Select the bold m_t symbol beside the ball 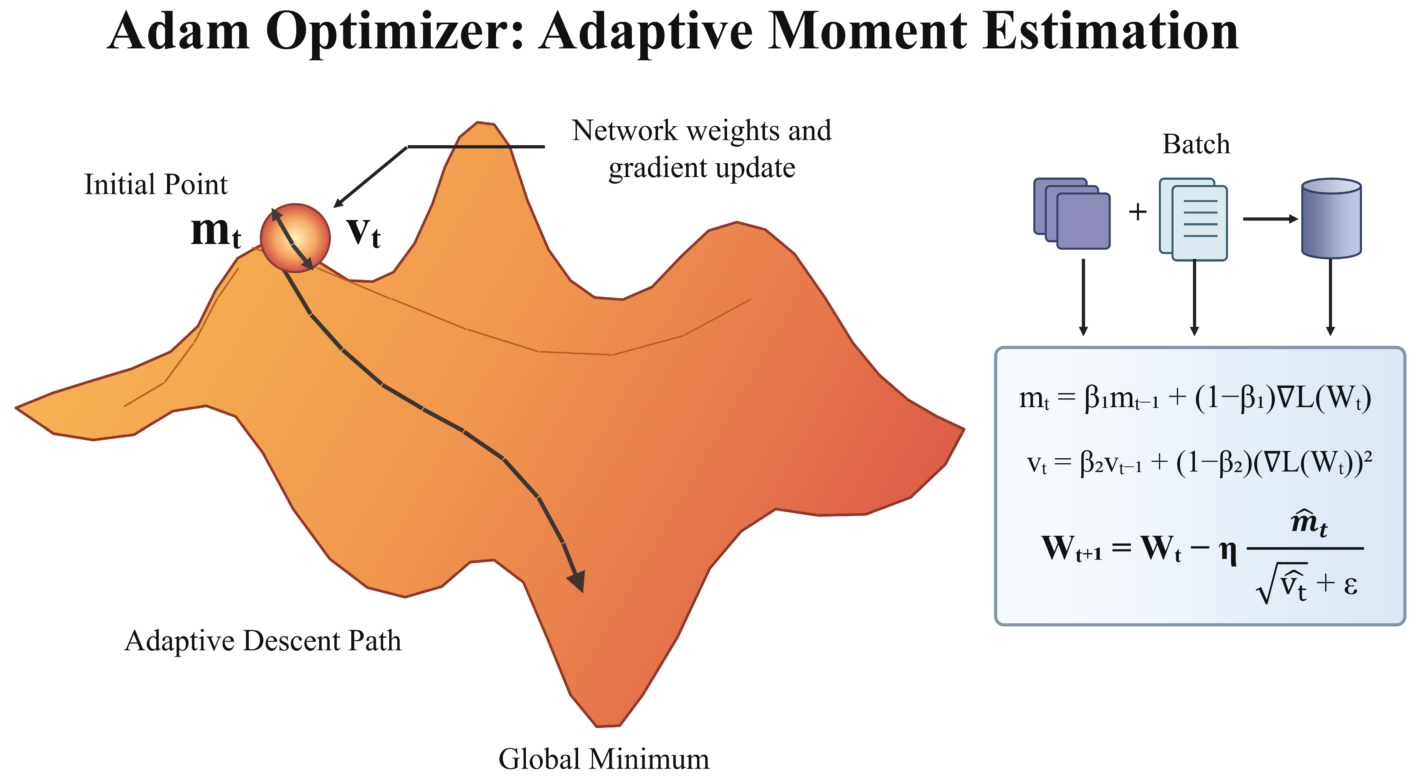coord(216,231)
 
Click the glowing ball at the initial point coord(295,238)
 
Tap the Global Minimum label coord(604,759)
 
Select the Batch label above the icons coord(1196,144)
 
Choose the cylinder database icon coord(1331,218)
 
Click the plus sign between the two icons coord(1137,212)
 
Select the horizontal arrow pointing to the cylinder coord(1271,219)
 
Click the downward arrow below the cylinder coord(1330,297)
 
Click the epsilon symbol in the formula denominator coord(1350,586)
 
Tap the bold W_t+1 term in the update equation coord(1072,548)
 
